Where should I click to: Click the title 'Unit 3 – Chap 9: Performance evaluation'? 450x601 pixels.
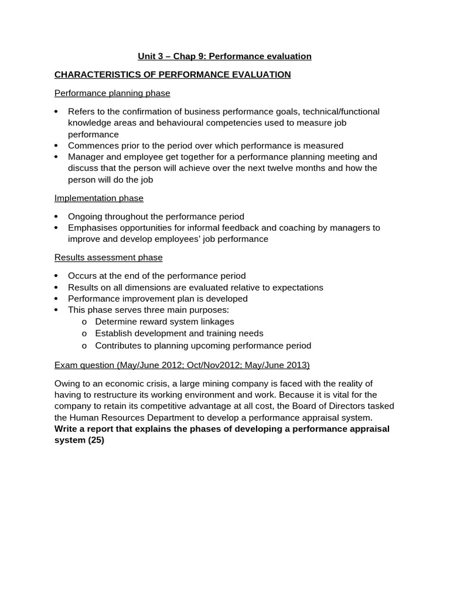(x=224, y=56)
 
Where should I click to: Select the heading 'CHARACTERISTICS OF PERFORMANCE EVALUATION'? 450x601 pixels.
(x=172, y=75)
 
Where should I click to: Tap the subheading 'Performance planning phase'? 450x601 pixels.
(x=112, y=93)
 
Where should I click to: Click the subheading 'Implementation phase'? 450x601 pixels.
(x=98, y=198)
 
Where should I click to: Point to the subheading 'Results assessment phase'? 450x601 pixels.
(x=108, y=258)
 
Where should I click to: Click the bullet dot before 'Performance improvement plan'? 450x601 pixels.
(x=56, y=299)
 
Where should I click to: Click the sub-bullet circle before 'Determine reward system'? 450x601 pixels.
(x=84, y=322)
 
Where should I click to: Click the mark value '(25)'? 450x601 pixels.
(x=96, y=440)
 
